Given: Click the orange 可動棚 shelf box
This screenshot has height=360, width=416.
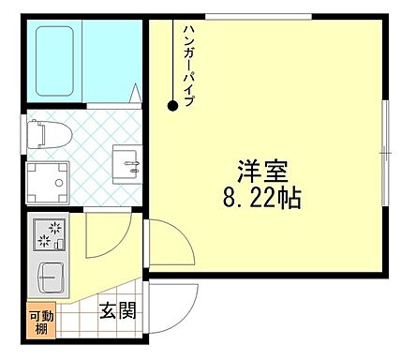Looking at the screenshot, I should (x=41, y=322).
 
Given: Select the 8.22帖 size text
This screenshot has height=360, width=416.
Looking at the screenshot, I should (x=261, y=199).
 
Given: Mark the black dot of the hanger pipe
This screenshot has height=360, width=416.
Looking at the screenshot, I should (x=172, y=106).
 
